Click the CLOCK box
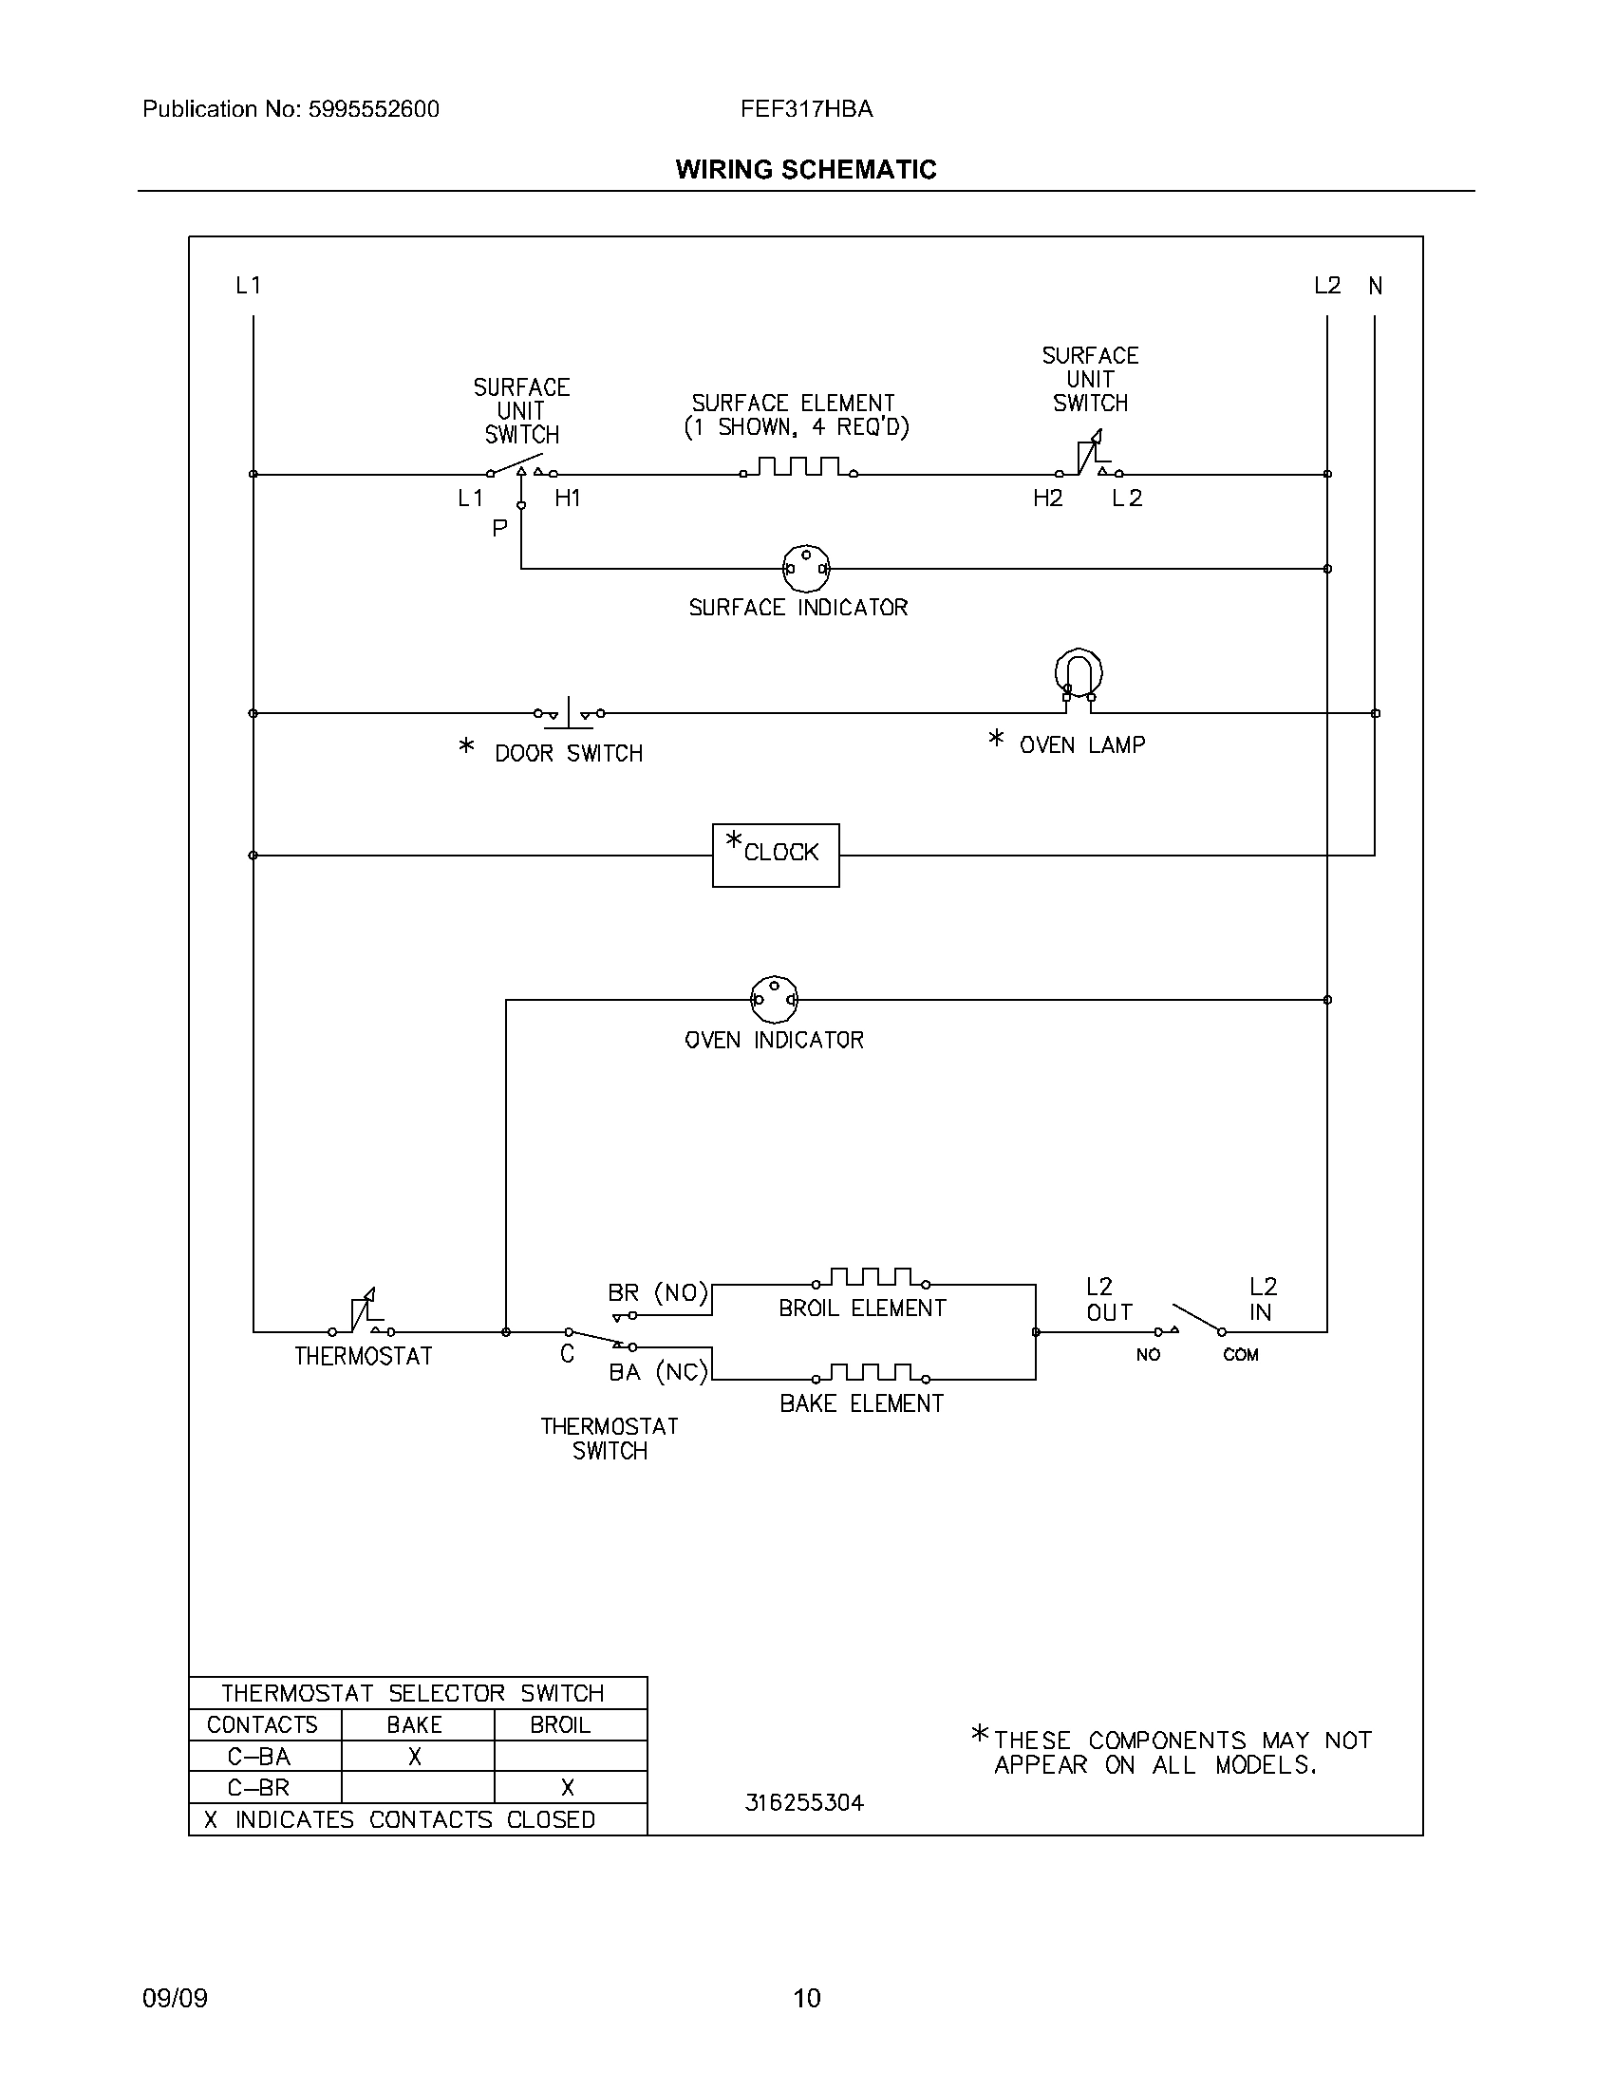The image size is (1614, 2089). point(776,855)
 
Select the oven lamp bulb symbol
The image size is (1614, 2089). point(1079,675)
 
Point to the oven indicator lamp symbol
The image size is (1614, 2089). point(774,999)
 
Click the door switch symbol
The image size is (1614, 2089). point(569,712)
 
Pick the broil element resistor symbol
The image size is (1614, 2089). point(871,1278)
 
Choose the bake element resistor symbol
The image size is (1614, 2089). point(871,1374)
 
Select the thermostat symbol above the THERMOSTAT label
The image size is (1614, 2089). point(363,1312)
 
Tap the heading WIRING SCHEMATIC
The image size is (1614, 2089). point(806,169)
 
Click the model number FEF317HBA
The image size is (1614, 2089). point(806,109)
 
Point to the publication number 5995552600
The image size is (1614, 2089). point(373,109)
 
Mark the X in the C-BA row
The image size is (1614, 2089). point(415,1756)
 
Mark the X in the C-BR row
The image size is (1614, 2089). point(568,1787)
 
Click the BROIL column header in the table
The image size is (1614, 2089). point(560,1724)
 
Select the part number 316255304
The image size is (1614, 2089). point(804,1802)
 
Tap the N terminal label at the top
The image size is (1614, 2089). point(1375,285)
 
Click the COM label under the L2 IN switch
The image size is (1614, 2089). point(1240,1354)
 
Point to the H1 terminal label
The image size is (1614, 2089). point(568,498)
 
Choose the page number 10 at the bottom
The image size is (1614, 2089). point(806,1997)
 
